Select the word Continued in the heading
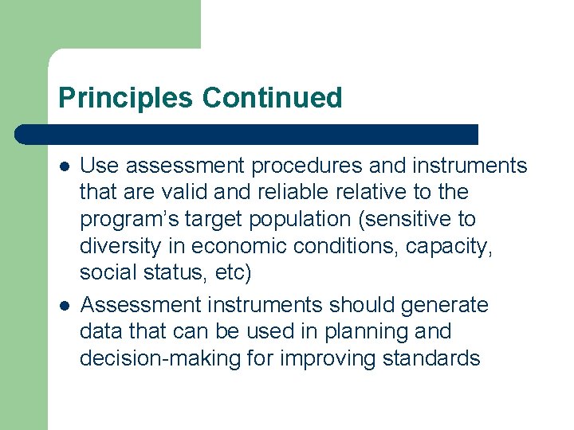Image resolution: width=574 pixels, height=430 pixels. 272,98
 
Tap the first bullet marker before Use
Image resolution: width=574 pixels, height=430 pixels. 65,166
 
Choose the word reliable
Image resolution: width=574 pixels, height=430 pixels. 256,192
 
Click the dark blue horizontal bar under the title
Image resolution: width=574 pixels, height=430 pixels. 247,134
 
